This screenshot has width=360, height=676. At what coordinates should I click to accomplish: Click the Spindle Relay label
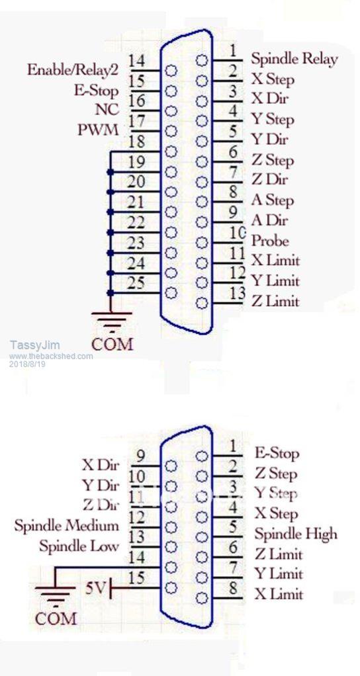click(294, 59)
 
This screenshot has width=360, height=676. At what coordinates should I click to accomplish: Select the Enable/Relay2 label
click(73, 69)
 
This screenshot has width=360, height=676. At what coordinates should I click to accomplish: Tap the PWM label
click(99, 130)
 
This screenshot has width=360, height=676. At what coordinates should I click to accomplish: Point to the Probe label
click(270, 241)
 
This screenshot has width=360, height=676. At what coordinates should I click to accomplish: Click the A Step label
click(273, 200)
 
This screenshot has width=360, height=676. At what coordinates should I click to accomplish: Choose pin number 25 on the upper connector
click(136, 282)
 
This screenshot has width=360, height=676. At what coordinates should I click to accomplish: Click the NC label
click(107, 110)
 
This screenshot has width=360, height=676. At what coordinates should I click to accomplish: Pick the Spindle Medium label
click(66, 526)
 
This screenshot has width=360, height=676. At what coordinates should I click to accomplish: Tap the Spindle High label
click(296, 534)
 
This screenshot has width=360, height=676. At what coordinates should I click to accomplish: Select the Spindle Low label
click(79, 546)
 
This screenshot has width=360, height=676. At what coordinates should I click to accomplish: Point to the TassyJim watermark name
click(35, 345)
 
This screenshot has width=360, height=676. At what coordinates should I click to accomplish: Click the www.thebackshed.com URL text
click(51, 357)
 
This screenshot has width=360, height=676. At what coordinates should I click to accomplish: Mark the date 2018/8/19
click(27, 364)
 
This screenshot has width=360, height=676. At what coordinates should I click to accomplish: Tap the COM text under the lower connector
click(56, 618)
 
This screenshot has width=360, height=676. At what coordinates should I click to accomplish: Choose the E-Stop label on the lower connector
click(277, 453)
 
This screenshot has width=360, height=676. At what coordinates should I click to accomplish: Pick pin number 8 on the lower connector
click(233, 587)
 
